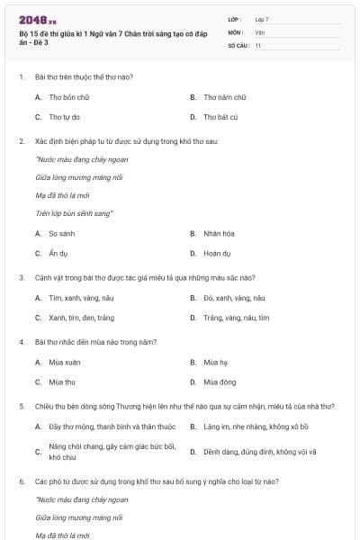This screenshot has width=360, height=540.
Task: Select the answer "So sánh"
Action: (62, 233)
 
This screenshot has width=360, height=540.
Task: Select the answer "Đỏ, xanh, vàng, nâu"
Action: (234, 297)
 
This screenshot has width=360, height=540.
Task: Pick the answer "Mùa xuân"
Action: (65, 362)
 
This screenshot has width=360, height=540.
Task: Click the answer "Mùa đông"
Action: (220, 382)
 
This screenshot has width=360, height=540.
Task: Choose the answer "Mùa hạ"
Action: (216, 362)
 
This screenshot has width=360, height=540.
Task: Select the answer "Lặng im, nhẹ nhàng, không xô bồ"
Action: (256, 427)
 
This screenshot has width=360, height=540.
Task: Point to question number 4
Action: (21, 342)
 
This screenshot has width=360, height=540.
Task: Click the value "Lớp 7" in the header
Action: (262, 19)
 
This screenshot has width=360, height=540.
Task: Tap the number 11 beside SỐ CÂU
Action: (258, 45)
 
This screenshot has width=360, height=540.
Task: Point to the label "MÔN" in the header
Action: (236, 31)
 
